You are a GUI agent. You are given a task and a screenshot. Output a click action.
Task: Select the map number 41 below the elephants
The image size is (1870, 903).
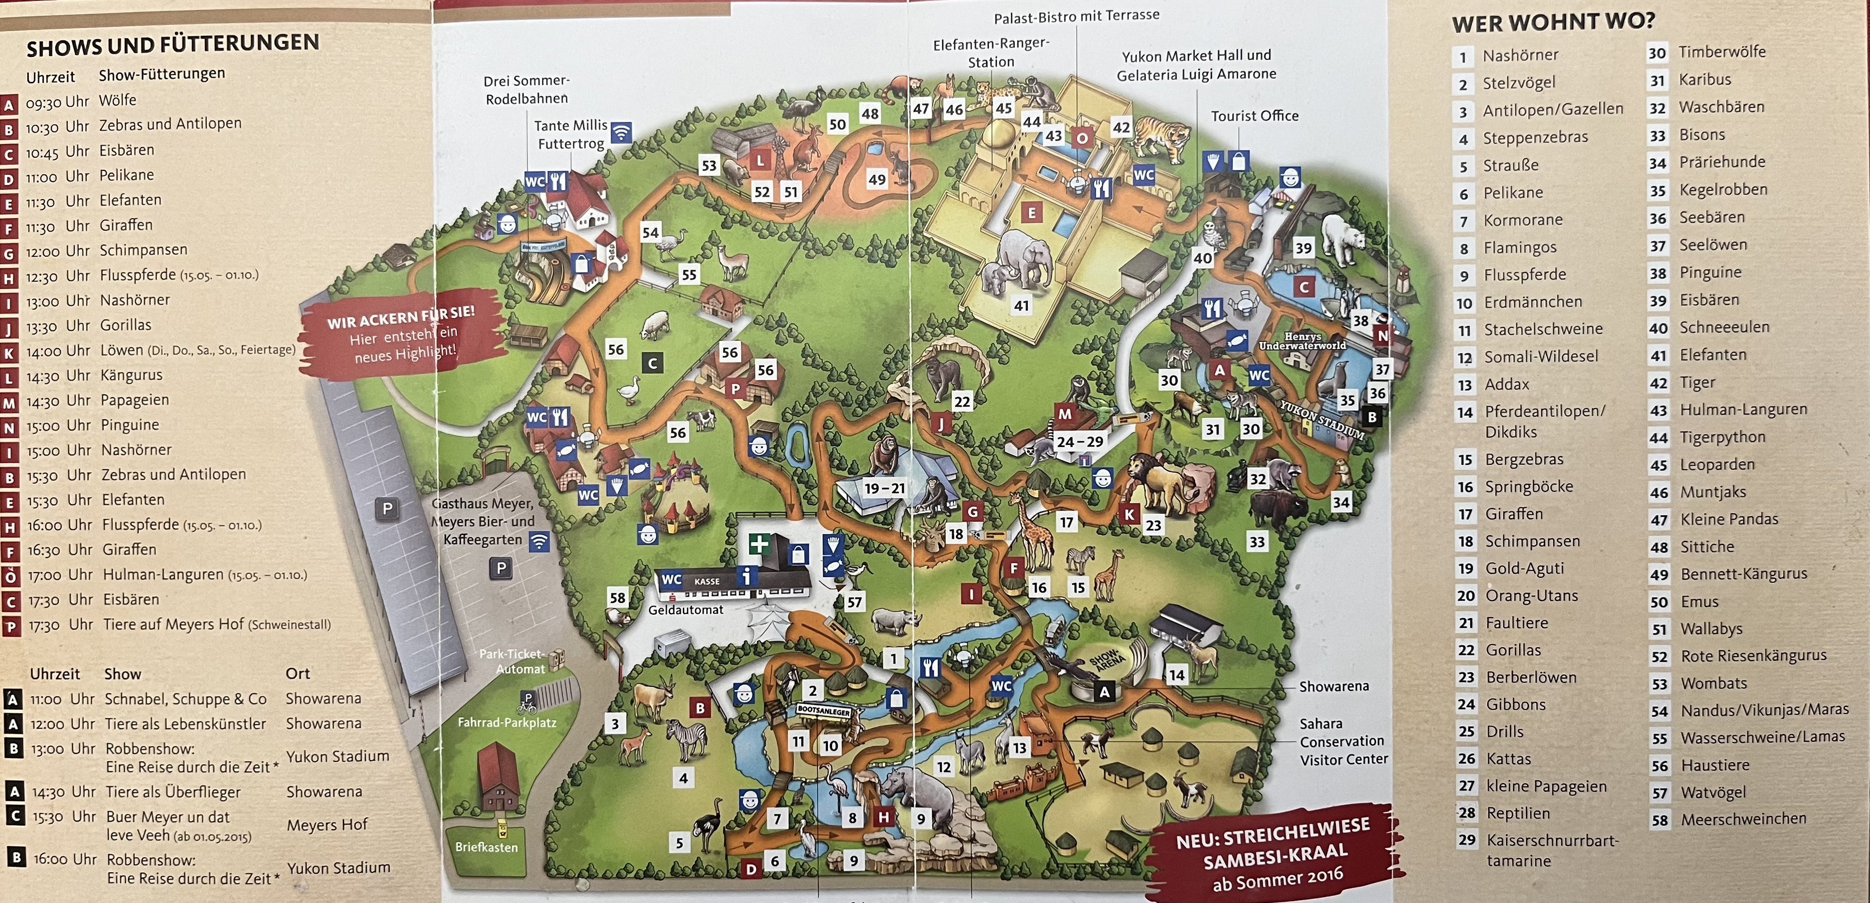click(x=1021, y=305)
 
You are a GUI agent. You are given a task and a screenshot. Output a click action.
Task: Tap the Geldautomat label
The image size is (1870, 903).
click(x=685, y=610)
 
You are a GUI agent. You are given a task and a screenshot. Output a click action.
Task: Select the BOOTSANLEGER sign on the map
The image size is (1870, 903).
click(x=823, y=712)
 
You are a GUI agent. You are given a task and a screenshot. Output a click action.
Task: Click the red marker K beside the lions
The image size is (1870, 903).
click(x=1129, y=515)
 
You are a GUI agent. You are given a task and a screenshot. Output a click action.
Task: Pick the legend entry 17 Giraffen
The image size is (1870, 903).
click(x=1513, y=514)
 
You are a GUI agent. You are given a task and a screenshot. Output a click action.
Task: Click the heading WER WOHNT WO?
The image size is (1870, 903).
click(x=1553, y=22)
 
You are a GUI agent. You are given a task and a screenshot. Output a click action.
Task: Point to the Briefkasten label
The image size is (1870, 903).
click(x=486, y=847)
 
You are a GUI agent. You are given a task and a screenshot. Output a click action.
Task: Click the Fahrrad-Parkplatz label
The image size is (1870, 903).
click(x=506, y=722)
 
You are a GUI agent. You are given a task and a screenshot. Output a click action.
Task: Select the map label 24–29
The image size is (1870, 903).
click(x=1080, y=441)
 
